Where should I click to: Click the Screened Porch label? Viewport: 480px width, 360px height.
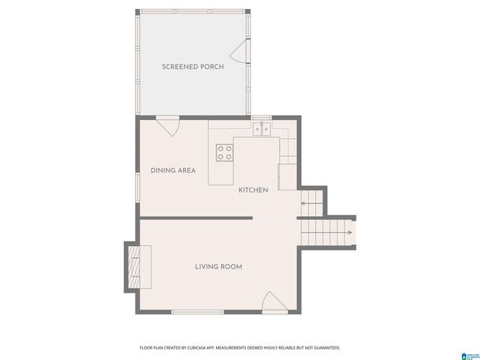click(193, 67)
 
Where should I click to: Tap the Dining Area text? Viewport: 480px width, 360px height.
click(173, 170)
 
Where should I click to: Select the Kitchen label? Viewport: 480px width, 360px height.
click(253, 190)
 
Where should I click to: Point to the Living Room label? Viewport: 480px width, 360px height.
click(218, 266)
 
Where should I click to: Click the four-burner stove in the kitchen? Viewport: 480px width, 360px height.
click(224, 152)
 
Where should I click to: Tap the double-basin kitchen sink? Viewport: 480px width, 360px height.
click(262, 130)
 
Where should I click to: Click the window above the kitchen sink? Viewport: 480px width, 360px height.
click(262, 118)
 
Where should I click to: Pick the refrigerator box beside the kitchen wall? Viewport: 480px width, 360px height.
click(289, 177)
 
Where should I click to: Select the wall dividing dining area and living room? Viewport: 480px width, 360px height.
click(195, 218)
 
